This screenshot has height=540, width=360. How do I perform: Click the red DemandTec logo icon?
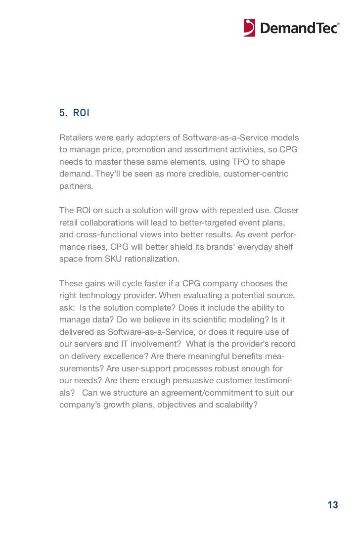click(250, 28)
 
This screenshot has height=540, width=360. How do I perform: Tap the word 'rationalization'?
click(153, 259)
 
